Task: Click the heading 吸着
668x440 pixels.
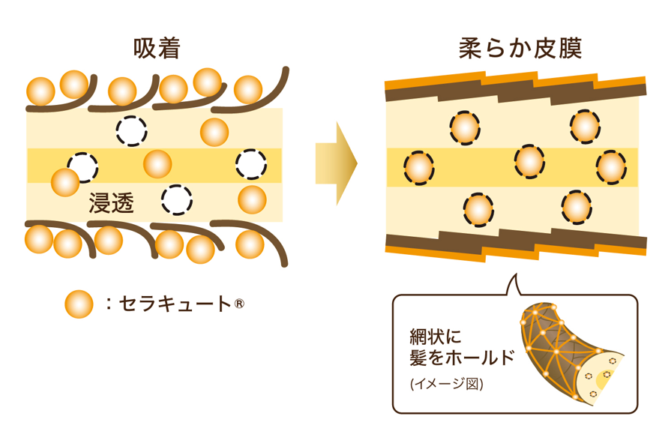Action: click(157, 48)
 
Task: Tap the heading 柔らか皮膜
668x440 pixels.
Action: click(520, 48)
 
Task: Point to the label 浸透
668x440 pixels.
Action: click(112, 202)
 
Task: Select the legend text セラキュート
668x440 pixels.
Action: click(175, 304)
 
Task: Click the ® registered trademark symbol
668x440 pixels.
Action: click(239, 304)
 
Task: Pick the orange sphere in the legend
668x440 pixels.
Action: click(79, 304)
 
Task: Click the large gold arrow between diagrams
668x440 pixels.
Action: click(336, 163)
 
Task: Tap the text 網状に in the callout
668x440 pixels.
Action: click(435, 337)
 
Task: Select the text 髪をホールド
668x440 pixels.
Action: click(462, 357)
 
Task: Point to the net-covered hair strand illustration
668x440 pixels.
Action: click(571, 354)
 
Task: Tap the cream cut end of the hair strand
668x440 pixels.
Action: click(601, 376)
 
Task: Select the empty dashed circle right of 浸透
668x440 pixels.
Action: click(177, 200)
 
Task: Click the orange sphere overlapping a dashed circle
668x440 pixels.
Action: click(65, 182)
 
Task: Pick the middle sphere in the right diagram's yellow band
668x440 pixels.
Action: click(529, 162)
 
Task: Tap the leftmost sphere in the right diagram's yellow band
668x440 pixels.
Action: click(419, 167)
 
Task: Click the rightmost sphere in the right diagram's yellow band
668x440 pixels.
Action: click(611, 167)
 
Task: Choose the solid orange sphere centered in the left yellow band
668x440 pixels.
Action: click(157, 164)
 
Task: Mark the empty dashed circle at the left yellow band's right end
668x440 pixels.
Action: click(251, 164)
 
